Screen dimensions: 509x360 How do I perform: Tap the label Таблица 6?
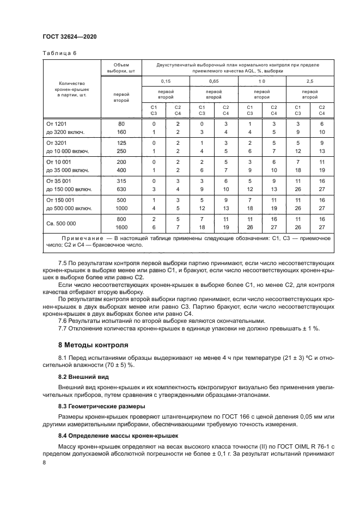pyautogui.click(x=60, y=53)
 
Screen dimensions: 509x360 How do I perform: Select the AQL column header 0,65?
pyautogui.click(x=213, y=81)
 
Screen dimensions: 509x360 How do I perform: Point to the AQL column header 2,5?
pyautogui.click(x=310, y=81)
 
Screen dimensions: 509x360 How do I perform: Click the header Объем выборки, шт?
pyautogui.click(x=121, y=68)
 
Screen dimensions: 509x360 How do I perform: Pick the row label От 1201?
pyautogui.click(x=57, y=124)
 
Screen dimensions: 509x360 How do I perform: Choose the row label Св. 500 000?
pyautogui.click(x=61, y=224)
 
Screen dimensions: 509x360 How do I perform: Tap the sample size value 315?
pyautogui.click(x=121, y=181)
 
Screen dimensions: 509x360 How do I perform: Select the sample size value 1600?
pyautogui.click(x=121, y=228)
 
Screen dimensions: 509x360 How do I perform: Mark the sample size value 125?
pyautogui.click(x=121, y=143)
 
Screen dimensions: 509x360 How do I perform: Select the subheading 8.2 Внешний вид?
pyautogui.click(x=84, y=377)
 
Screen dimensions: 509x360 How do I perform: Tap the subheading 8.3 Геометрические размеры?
pyautogui.click(x=102, y=407)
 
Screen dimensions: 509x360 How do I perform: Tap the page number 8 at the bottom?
pyautogui.click(x=45, y=462)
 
